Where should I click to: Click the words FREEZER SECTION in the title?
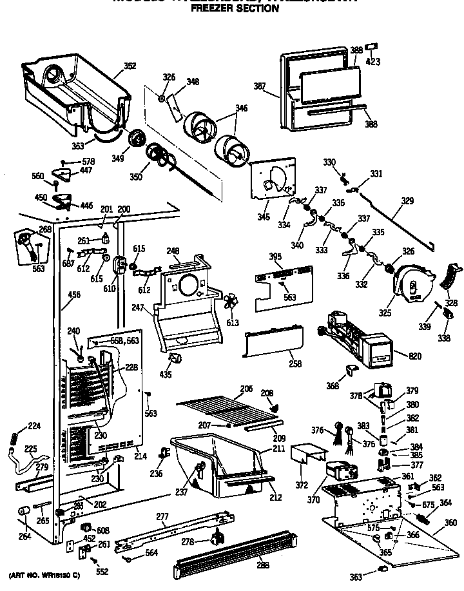(234, 9)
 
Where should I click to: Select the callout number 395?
(275, 257)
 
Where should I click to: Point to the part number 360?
(450, 522)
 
